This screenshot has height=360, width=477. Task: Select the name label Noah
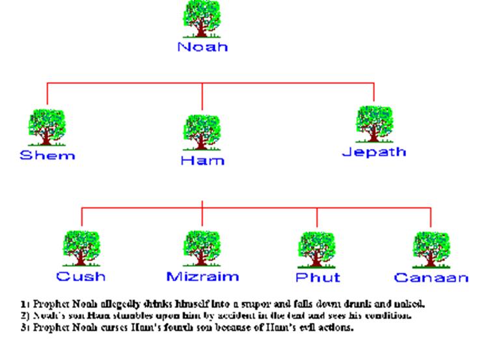pos(202,48)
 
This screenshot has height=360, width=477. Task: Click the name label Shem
pos(47,156)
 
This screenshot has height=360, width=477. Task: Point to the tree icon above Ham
pos(202,133)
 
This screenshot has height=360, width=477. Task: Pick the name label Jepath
pos(374,152)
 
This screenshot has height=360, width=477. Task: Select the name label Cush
pos(81,277)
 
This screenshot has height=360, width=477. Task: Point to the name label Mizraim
pos(202,277)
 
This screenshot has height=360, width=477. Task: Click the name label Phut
pos(317,278)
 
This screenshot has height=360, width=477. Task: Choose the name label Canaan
pos(431,278)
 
